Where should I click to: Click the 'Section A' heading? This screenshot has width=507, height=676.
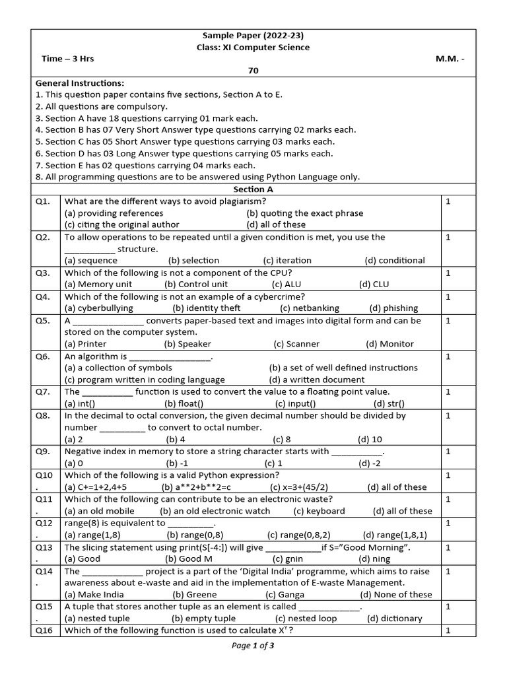[253, 189]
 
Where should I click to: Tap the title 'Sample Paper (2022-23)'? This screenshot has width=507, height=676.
[253, 36]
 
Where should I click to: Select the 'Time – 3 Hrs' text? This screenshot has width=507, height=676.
[68, 59]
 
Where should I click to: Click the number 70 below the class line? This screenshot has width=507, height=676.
[253, 71]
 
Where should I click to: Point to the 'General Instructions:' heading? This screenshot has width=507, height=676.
[79, 83]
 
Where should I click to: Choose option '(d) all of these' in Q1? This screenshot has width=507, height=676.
[276, 224]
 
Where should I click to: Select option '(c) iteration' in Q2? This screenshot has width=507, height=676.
[287, 261]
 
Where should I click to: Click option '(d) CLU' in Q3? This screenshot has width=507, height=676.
[374, 285]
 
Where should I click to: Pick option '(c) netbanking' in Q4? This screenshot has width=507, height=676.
[310, 308]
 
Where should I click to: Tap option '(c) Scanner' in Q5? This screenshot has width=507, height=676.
[296, 344]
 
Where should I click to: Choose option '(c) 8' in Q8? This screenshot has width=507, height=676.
[281, 440]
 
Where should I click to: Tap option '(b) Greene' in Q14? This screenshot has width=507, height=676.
[194, 595]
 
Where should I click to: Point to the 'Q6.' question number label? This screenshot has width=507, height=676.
[43, 356]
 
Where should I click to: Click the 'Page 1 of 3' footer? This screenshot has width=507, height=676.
[253, 646]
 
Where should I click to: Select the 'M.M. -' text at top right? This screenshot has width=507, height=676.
[450, 59]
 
